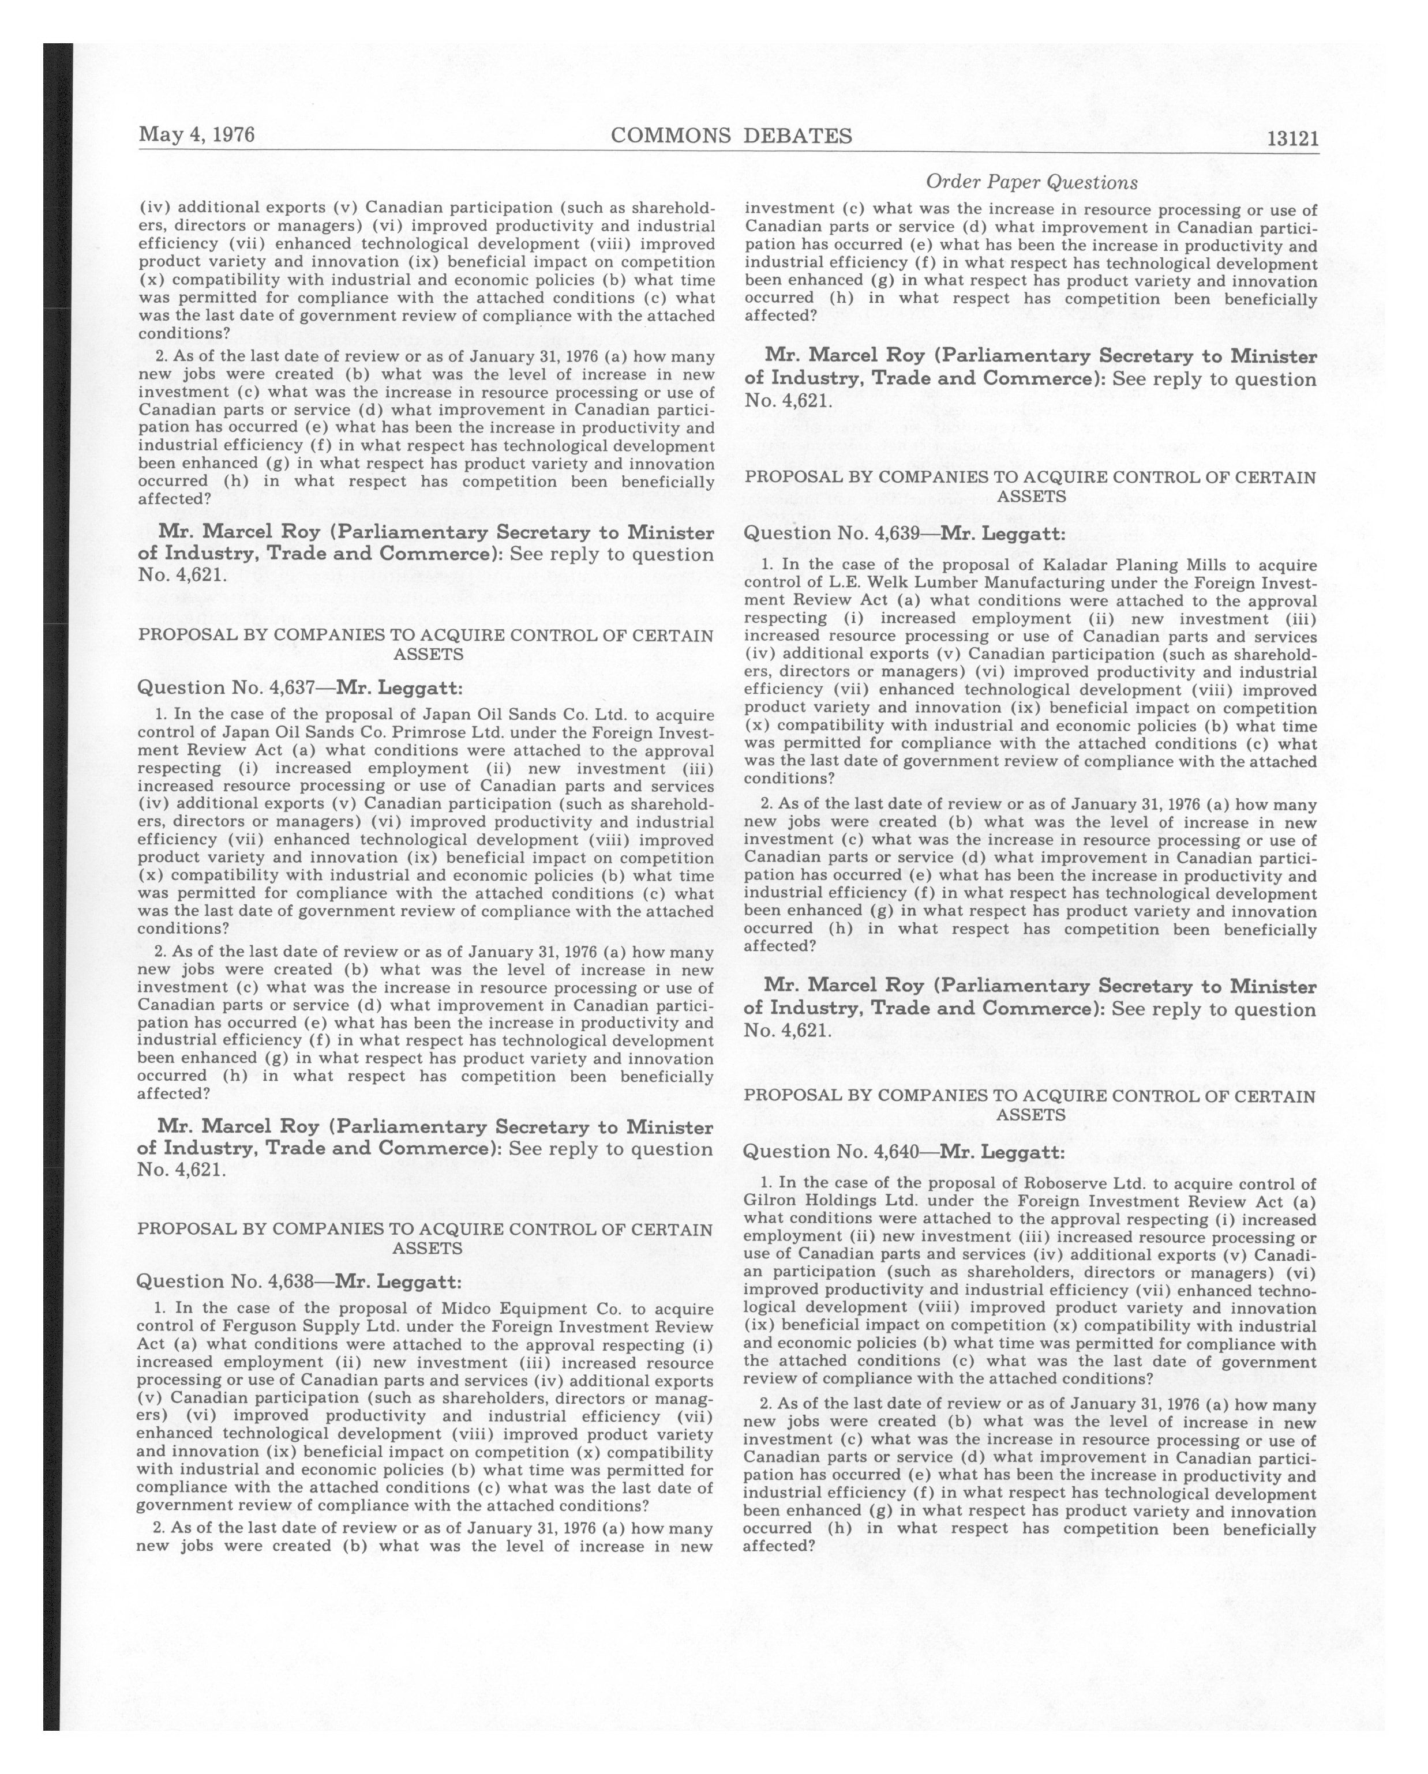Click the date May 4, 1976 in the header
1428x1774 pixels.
[x=197, y=134]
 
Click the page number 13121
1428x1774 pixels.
[x=1292, y=138]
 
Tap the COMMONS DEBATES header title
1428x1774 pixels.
[x=731, y=136]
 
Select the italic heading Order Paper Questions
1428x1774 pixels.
[x=1031, y=182]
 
